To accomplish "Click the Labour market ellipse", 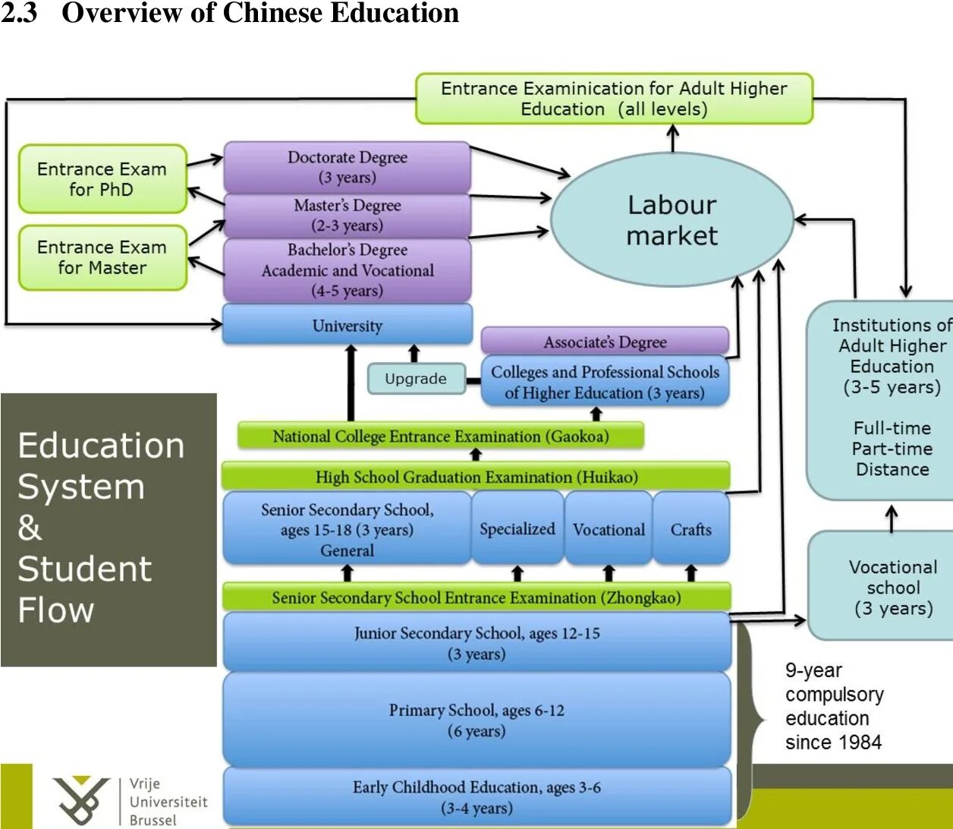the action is [x=672, y=220].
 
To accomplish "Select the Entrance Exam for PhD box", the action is [x=102, y=179].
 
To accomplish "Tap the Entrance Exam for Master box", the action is [x=102, y=257].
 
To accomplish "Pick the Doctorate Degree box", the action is [x=348, y=167].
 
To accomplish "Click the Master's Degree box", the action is [x=348, y=215].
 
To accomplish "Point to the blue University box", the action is [x=348, y=326].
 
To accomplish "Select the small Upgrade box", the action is [x=416, y=379].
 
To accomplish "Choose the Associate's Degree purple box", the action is [x=605, y=342].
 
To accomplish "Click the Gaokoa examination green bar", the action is [x=440, y=437].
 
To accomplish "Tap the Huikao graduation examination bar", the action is [x=476, y=477].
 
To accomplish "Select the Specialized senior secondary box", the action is [x=517, y=528].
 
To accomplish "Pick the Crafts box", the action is [x=690, y=529].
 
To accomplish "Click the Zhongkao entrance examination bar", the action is [x=476, y=597].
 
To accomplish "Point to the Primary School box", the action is [x=476, y=720].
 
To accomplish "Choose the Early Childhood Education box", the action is [x=476, y=797].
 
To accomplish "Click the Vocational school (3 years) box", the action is [x=893, y=587].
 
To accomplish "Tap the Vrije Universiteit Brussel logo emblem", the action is [x=80, y=800].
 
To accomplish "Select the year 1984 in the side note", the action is [x=860, y=742].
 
